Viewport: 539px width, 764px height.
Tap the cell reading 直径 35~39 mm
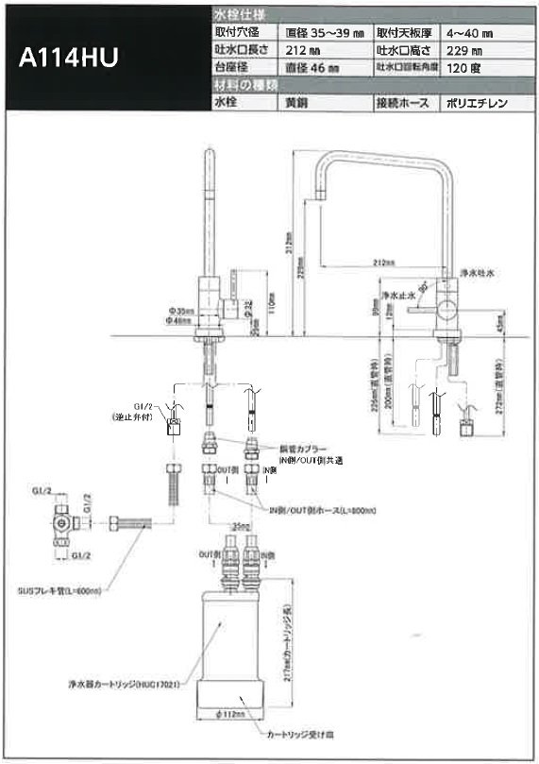click(x=320, y=32)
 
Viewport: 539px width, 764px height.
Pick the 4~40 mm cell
click(x=471, y=32)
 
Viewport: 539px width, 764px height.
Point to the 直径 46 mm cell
click(x=312, y=68)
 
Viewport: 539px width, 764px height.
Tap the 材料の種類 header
click(x=244, y=86)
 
